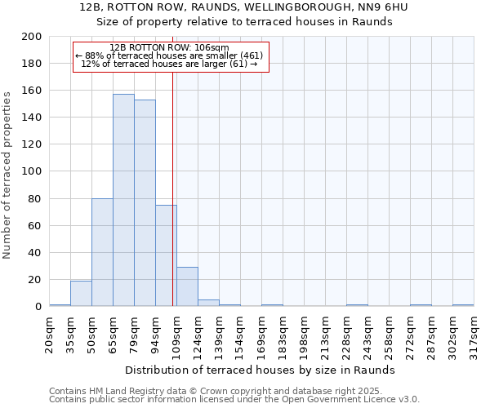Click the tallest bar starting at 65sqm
click(x=123, y=200)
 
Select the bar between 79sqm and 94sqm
click(x=145, y=202)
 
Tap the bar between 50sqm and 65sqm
click(x=102, y=252)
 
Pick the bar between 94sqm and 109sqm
click(x=166, y=255)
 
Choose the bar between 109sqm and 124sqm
click(x=187, y=286)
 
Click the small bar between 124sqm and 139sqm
click(x=208, y=303)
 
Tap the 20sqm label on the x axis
click(x=49, y=330)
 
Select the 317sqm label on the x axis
click(x=474, y=330)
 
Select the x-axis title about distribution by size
click(x=261, y=370)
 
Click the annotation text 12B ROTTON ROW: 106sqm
click(x=169, y=48)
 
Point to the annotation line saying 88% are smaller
click(x=169, y=55)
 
